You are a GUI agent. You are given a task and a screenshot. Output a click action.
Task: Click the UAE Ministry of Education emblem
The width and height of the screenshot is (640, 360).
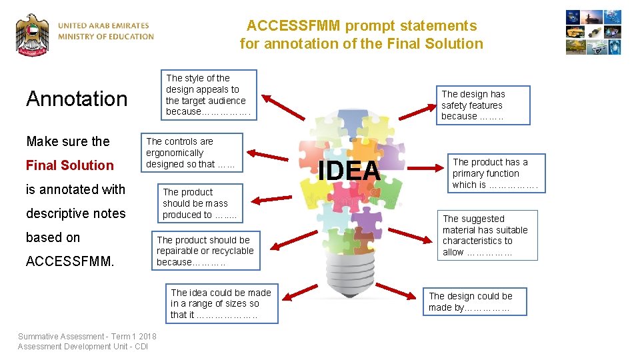[x=33, y=35]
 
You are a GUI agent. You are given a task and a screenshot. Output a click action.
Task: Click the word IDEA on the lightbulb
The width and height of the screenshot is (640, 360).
[x=349, y=171]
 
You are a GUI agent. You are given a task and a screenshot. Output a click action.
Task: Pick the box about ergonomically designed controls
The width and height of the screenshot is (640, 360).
[x=191, y=153]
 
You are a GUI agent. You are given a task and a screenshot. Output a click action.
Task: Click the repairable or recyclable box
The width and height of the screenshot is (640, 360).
[x=205, y=251]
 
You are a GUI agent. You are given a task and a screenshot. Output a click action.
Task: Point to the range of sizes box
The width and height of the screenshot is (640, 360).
[x=221, y=303]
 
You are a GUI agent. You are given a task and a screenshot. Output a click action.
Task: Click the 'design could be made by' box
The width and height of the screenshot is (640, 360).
[x=471, y=301]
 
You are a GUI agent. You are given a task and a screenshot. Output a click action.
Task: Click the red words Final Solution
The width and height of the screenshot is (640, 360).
[x=70, y=165]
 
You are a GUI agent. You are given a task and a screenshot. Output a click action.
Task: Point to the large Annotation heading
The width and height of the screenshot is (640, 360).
[x=77, y=99]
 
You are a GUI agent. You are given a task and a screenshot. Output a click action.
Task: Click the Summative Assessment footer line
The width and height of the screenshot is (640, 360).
[x=87, y=337]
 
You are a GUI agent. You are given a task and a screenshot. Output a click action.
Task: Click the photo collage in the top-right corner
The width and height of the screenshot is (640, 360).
[x=593, y=32]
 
